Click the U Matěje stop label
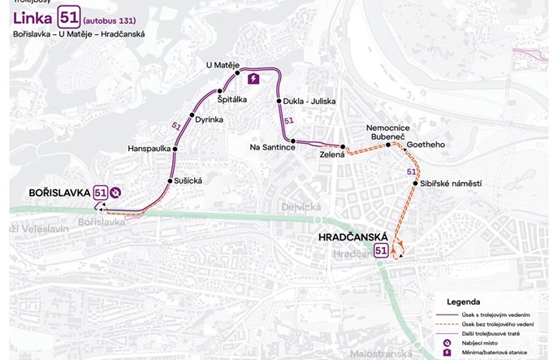click(222, 65)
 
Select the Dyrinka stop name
click(209, 119)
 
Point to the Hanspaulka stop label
click(149, 149)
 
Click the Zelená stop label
click(332, 154)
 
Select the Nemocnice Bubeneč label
click(388, 133)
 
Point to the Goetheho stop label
click(426, 145)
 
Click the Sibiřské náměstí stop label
click(452, 184)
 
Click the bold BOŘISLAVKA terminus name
click(58, 193)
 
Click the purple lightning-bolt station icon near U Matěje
click(253, 78)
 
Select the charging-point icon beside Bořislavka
click(116, 193)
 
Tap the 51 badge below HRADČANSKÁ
click(381, 250)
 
